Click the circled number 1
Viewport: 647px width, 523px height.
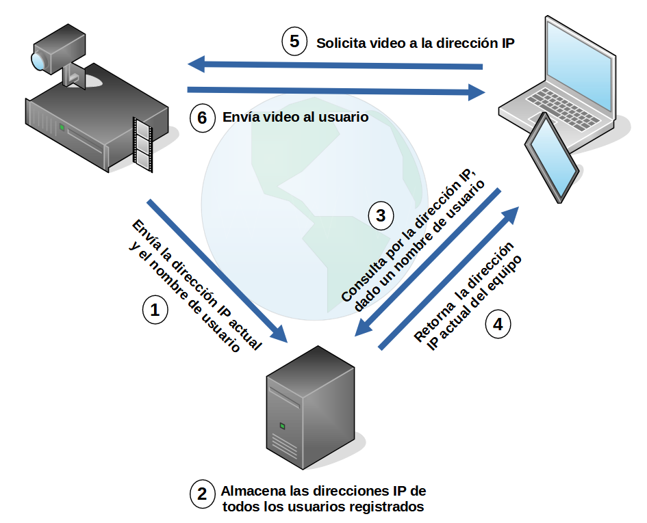click(155, 310)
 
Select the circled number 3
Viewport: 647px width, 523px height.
click(381, 216)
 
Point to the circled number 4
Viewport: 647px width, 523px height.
click(498, 324)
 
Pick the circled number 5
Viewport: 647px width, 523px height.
click(294, 42)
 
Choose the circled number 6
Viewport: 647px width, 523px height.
click(202, 118)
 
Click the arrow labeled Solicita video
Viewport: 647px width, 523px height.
click(335, 66)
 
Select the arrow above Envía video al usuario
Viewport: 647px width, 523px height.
click(335, 90)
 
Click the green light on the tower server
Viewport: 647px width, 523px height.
click(281, 426)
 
